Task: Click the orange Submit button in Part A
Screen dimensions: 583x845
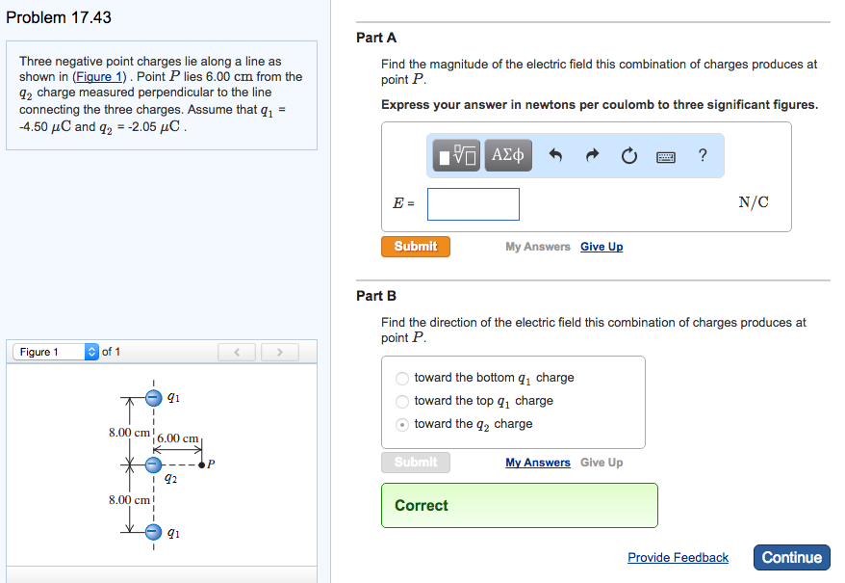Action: pos(415,247)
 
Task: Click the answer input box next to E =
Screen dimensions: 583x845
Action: pos(474,203)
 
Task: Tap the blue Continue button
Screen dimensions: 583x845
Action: pos(791,557)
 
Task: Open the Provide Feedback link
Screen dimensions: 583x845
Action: pos(678,557)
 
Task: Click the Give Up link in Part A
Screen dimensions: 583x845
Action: pos(602,247)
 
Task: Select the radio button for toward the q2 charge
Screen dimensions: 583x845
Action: pos(402,424)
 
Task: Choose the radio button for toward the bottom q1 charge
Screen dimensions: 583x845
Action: pos(402,378)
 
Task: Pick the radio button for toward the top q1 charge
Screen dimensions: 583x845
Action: pos(402,401)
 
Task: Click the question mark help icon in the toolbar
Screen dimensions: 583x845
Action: pos(703,155)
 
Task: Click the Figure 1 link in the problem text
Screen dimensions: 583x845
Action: pos(101,76)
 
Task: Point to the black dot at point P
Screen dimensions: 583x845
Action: pos(202,465)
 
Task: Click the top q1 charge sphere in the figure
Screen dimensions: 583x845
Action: pos(153,396)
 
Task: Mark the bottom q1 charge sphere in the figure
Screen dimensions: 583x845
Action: pos(153,531)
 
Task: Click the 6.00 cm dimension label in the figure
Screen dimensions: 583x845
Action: pos(178,438)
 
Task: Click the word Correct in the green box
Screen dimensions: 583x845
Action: pos(422,505)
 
